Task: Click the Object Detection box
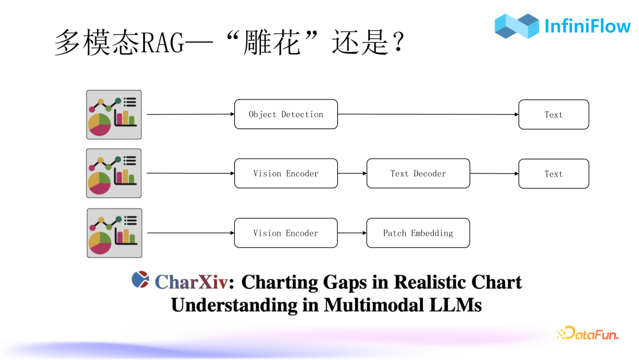coord(286,114)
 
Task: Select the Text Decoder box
coord(418,173)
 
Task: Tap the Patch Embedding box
coord(418,233)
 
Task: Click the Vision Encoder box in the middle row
coord(286,173)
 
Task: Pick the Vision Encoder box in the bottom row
coord(286,233)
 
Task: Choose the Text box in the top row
coord(553,114)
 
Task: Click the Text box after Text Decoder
coord(553,173)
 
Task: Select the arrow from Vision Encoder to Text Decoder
coord(352,173)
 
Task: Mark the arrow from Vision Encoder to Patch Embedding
coord(352,233)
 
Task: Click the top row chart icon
coord(114,114)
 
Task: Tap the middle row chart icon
coord(114,173)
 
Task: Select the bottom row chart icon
coord(114,233)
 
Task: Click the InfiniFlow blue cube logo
coord(517,26)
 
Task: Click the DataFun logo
coord(588,334)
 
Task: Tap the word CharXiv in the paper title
coord(191,282)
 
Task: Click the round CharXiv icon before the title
coord(140,279)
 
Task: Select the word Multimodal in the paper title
coord(373,305)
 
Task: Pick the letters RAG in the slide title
coord(159,43)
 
